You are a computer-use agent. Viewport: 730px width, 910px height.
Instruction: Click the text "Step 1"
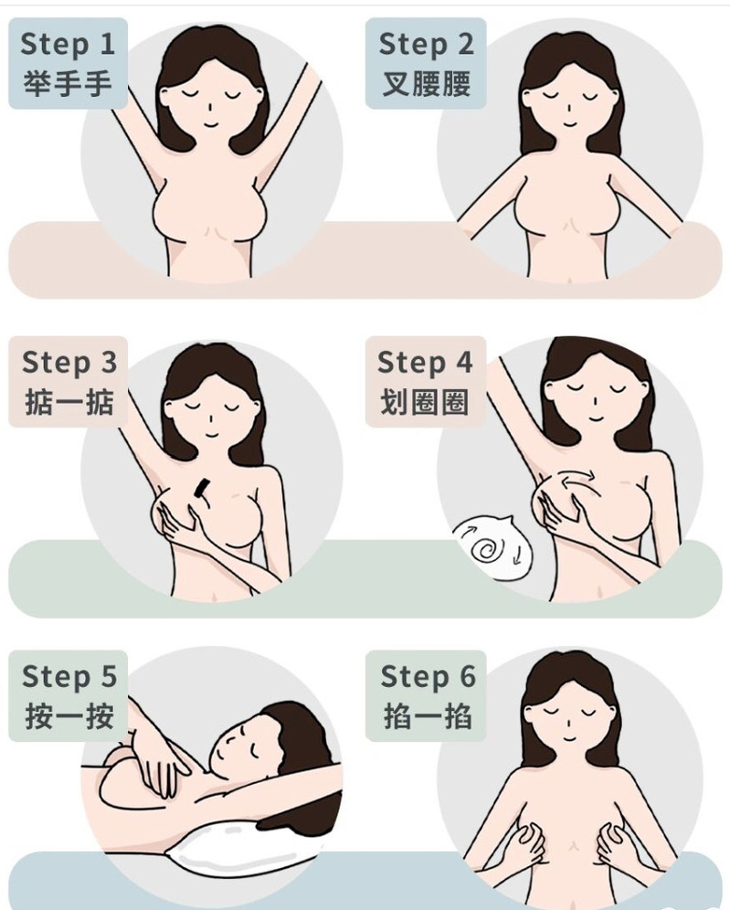[68, 44]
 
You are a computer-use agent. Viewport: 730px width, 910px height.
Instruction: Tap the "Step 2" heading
[426, 44]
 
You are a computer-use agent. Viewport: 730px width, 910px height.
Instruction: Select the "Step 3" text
[69, 363]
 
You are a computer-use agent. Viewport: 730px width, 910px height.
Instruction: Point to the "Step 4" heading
[425, 363]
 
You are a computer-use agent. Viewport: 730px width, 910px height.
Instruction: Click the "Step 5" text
[69, 676]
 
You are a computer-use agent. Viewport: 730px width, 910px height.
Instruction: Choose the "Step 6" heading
[428, 676]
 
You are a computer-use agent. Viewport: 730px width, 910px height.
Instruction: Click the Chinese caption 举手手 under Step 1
[68, 83]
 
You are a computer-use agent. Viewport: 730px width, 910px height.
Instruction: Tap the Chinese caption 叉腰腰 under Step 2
[426, 83]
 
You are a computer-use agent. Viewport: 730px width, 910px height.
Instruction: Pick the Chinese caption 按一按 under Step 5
[69, 715]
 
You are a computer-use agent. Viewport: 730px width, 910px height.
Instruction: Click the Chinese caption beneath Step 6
[428, 715]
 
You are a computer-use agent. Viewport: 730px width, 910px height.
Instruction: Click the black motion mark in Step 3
[201, 489]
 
